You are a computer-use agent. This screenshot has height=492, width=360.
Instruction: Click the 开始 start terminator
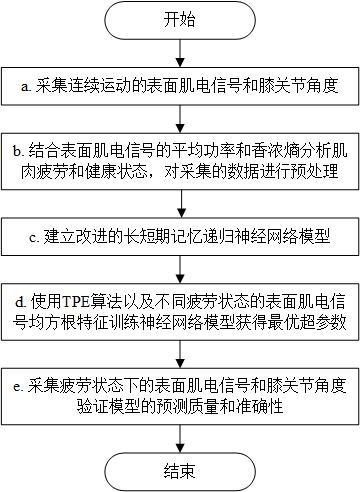point(181,20)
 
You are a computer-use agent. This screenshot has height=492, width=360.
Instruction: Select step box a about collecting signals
point(181,87)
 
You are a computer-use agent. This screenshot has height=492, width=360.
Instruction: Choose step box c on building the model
point(181,240)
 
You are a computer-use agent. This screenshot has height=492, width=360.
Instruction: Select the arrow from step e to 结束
point(181,433)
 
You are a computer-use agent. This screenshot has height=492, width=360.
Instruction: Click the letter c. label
point(33,240)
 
